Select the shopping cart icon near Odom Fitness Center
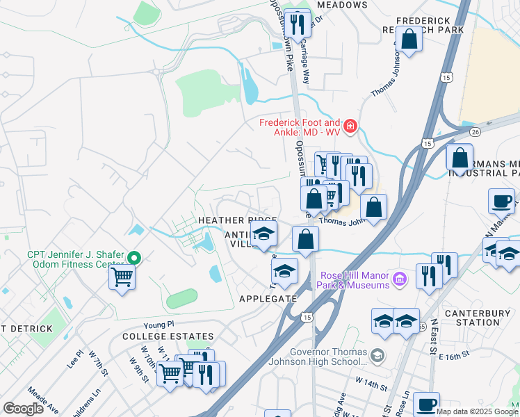122,277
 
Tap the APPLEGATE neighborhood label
268,299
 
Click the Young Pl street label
158,325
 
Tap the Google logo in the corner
23,409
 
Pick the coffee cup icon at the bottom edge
426,404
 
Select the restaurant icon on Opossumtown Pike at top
298,26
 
